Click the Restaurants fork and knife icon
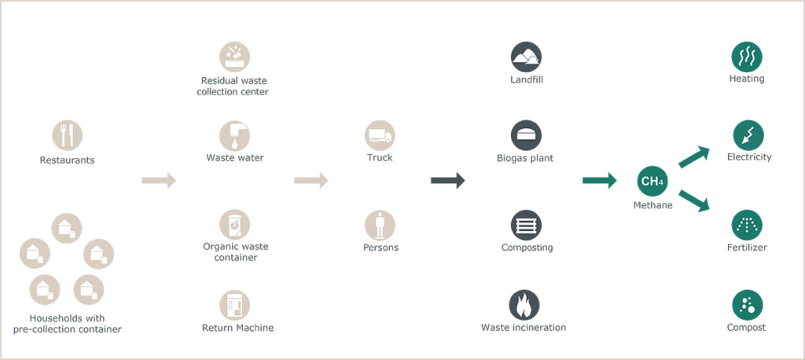pos(68,135)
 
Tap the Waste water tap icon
pos(234,135)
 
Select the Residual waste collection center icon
pos(234,57)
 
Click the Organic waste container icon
pos(234,225)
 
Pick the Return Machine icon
pos(234,305)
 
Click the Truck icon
pos(380,135)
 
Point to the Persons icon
pos(380,225)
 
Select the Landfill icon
pos(526,57)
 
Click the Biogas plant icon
pos(526,135)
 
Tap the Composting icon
pos(526,225)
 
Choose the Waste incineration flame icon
pos(524,305)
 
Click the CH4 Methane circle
pos(652,181)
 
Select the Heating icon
pos(747,57)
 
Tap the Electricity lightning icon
pos(748,135)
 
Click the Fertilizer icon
pos(747,225)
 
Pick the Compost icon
pos(748,305)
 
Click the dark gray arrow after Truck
pos(447,180)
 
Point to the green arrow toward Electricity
pos(694,157)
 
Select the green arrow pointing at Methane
pos(600,180)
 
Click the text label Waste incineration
pos(524,328)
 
